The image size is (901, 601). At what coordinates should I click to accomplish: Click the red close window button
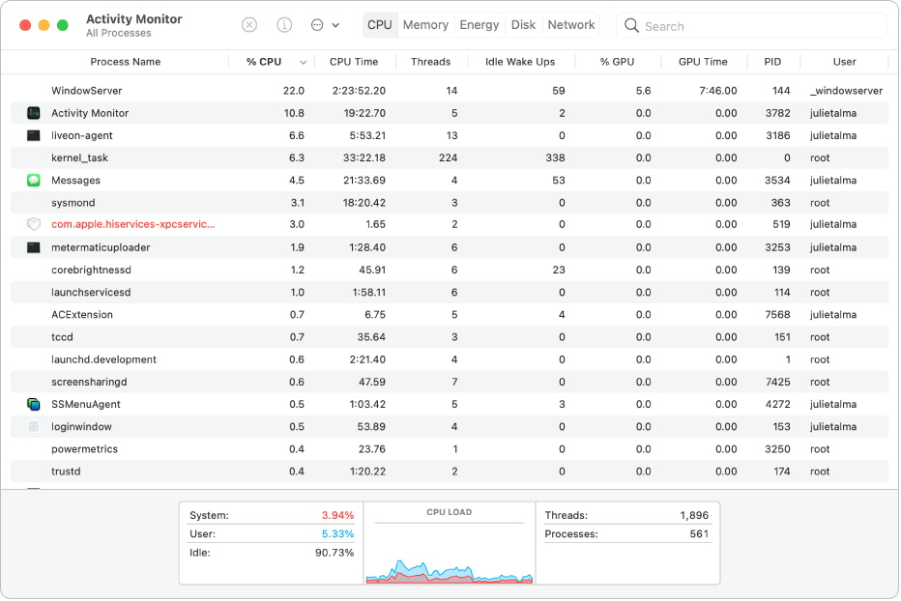pyautogui.click(x=25, y=25)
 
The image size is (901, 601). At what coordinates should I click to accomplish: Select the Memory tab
pyautogui.click(x=425, y=25)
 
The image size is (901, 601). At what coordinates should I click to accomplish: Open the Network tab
pyautogui.click(x=571, y=25)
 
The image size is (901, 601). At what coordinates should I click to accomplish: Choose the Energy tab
pyautogui.click(x=480, y=25)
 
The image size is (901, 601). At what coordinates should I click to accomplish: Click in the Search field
pyautogui.click(x=754, y=26)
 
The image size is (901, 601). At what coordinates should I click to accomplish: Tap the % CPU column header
pyautogui.click(x=264, y=62)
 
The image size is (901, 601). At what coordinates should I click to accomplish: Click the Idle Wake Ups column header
pyautogui.click(x=519, y=62)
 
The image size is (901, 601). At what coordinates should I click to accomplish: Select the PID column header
pyautogui.click(x=772, y=62)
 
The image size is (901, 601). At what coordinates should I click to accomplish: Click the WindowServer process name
pyautogui.click(x=87, y=91)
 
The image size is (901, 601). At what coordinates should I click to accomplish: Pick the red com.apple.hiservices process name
pyautogui.click(x=133, y=224)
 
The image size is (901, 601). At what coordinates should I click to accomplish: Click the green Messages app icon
pyautogui.click(x=33, y=181)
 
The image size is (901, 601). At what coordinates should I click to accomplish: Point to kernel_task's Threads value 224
pyautogui.click(x=448, y=157)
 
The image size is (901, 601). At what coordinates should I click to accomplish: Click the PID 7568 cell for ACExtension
pyautogui.click(x=777, y=315)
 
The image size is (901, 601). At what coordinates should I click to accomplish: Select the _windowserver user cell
pyautogui.click(x=846, y=91)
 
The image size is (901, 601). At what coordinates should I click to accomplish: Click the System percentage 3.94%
pyautogui.click(x=337, y=516)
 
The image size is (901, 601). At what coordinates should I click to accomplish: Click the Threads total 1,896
pyautogui.click(x=693, y=516)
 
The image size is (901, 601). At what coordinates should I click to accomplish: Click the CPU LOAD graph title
pyautogui.click(x=450, y=512)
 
